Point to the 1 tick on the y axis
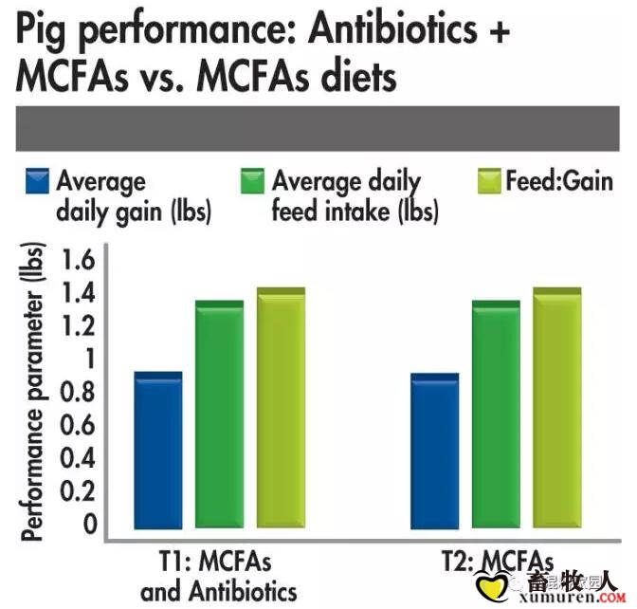tap(91, 360)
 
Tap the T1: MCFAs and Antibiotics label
tap(218, 576)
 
